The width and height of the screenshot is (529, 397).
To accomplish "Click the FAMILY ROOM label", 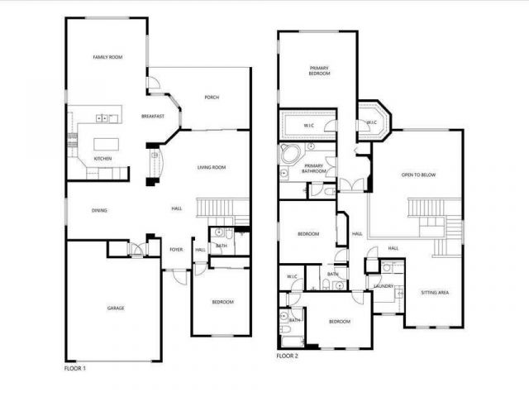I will [107, 57].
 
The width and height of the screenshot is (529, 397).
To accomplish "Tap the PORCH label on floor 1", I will [212, 98].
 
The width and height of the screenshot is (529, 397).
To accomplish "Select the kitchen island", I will [105, 142].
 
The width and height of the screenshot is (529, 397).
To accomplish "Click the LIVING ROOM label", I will [212, 169].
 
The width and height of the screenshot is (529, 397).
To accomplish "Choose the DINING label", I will [99, 211].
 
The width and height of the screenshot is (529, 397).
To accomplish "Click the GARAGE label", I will [115, 309].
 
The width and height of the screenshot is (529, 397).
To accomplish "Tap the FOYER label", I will [176, 249].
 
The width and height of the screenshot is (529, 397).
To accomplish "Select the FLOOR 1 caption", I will [75, 367].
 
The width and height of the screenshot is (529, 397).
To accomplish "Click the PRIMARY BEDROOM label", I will [320, 70].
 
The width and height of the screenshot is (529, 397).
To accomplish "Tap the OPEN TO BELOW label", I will [418, 175].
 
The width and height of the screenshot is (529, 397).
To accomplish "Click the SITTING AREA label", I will [435, 293].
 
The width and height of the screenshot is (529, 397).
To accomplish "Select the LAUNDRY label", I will [383, 287].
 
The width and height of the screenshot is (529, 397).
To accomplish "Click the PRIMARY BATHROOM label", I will [314, 169].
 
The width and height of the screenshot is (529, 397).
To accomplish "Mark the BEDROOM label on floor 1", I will [222, 302].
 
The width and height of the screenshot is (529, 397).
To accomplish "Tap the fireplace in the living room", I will [152, 164].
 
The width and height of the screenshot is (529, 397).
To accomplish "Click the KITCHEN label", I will [102, 159].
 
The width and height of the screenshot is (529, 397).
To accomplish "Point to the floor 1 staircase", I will [222, 208].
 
